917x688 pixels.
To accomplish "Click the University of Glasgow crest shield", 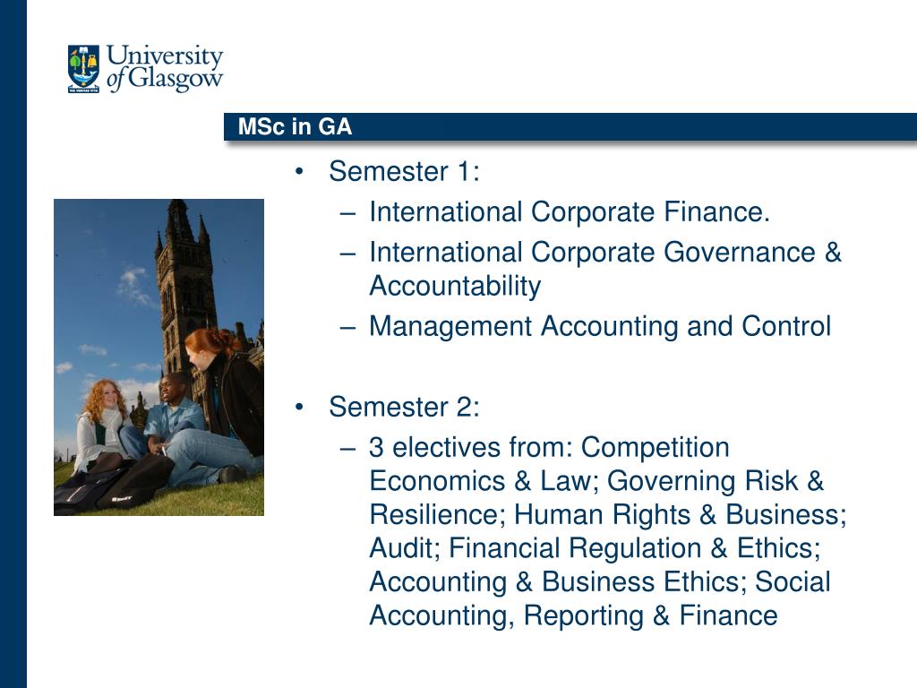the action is click(x=83, y=68).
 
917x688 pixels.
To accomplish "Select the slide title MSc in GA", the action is click(x=295, y=127).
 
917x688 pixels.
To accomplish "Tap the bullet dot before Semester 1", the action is click(x=299, y=171).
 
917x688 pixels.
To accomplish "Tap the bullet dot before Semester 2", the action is click(x=299, y=407).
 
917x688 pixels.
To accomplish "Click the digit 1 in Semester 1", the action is click(x=464, y=171).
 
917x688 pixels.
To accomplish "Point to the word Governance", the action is click(x=740, y=253).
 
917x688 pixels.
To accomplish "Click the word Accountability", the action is click(x=455, y=287).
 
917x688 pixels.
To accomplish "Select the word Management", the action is click(x=450, y=327).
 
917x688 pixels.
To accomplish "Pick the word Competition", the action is click(x=655, y=448).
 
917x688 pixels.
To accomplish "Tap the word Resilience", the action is click(x=437, y=515).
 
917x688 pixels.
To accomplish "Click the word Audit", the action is click(x=405, y=548).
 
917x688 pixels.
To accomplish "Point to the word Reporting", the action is click(x=584, y=616).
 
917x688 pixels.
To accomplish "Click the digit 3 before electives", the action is click(x=376, y=448).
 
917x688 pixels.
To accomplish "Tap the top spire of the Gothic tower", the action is click(x=177, y=206).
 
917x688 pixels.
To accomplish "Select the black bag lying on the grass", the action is click(x=111, y=485).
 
